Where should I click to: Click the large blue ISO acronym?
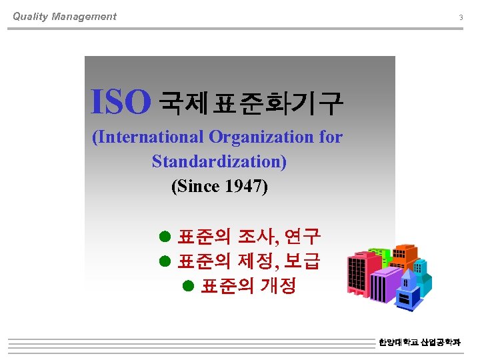click(121, 102)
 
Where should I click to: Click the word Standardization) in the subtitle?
click(219, 161)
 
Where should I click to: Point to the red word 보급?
click(302, 261)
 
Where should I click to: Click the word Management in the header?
click(85, 17)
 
